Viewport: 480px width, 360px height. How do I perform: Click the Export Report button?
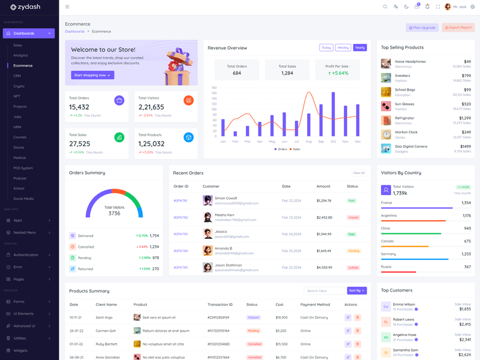click(458, 28)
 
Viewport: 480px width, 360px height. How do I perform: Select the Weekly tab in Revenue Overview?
click(343, 47)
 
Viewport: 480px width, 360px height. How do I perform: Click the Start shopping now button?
click(92, 75)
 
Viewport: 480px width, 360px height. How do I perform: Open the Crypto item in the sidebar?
click(19, 86)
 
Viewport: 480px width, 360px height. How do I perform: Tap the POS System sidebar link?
click(23, 168)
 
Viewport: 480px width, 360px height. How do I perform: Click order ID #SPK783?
click(181, 234)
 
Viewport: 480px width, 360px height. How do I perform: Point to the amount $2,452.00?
click(324, 217)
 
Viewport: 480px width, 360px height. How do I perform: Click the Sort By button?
click(356, 290)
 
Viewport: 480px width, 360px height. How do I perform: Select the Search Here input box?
click(324, 290)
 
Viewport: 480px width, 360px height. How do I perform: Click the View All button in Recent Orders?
click(359, 173)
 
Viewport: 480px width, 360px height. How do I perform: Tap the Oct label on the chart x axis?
click(333, 142)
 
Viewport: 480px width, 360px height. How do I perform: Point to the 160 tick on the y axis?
click(214, 88)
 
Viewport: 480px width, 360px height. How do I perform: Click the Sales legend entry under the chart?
click(295, 149)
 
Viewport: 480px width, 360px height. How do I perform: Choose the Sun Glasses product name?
click(404, 104)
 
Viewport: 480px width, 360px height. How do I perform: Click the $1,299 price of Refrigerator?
click(464, 118)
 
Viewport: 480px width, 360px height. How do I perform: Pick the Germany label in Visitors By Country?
click(388, 254)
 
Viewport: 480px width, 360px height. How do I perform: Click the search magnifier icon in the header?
click(385, 7)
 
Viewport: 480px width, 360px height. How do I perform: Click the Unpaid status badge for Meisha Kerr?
click(353, 217)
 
